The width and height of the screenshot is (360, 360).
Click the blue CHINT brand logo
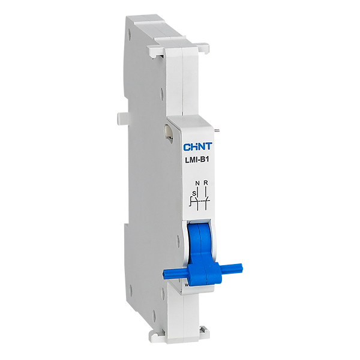tap(197, 146)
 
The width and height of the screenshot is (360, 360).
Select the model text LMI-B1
tap(197, 160)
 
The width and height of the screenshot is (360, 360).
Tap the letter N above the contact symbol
tap(197, 183)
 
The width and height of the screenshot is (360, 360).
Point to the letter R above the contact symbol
tap(206, 183)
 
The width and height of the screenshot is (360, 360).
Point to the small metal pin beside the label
tap(218, 131)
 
